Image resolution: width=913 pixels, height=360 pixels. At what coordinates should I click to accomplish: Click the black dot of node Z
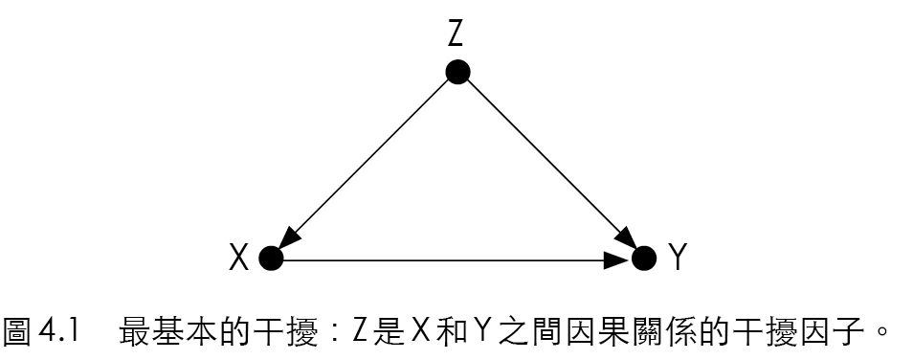pos(457,72)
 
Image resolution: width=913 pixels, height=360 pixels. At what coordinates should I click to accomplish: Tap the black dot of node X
pos(272,258)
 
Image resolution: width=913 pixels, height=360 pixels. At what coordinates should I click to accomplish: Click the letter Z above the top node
pos(456,34)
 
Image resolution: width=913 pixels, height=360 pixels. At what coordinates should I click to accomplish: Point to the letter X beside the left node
pos(239,258)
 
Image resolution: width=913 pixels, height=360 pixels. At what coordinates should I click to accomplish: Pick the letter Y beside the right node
pos(677,258)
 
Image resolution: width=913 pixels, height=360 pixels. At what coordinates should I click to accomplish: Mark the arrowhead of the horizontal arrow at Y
pos(620,258)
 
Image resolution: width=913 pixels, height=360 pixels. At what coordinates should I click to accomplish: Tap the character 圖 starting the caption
pos(21,333)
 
